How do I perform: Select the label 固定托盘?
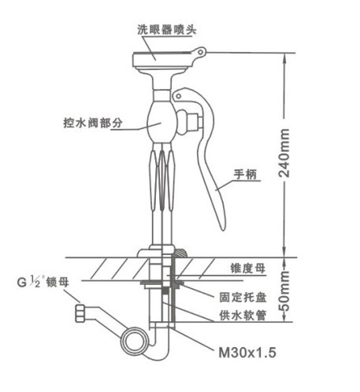pos(240,298)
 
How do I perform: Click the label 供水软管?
pos(240,315)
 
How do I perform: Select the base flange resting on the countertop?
pos(161,253)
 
